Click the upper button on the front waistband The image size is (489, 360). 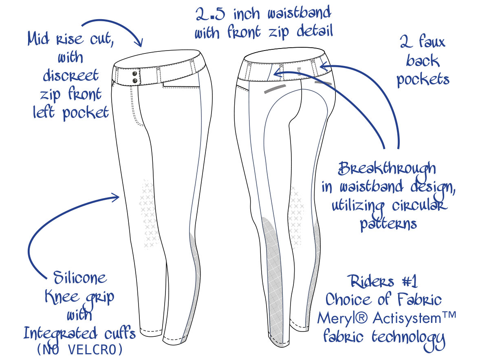click(135, 73)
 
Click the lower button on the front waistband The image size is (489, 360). click(135, 81)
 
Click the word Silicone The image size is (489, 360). click(80, 278)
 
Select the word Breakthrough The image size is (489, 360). click(387, 169)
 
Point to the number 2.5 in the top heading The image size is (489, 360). click(210, 15)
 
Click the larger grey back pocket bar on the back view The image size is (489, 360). click(275, 89)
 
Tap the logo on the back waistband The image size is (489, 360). click(299, 71)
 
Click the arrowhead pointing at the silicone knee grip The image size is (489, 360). click(115, 197)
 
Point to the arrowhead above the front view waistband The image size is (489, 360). click(139, 42)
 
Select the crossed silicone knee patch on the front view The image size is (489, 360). click(149, 214)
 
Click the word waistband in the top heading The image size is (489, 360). click(299, 13)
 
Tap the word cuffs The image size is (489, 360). click(120, 333)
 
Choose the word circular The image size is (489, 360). click(419, 206)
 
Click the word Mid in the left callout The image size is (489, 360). click(38, 39)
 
